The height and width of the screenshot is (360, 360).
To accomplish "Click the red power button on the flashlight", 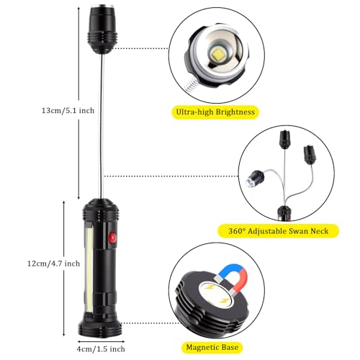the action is pos(112,238).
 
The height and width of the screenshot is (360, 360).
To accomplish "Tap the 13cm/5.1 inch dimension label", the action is pos(68,111).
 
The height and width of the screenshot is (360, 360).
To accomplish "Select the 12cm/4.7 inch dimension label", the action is pos(53,264).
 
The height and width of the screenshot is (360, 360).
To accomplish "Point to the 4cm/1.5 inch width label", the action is pos(101,349).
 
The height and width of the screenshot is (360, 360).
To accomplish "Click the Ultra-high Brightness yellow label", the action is pos(215,112).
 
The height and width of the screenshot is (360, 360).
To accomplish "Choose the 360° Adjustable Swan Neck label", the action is pos(278,231).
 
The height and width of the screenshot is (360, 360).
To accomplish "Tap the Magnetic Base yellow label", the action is pos(212,347).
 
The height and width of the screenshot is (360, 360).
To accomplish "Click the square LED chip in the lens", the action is pos(218,55).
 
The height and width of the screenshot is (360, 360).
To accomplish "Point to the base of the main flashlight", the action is pos(100,327).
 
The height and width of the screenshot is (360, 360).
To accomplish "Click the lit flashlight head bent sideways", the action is pos(255,179).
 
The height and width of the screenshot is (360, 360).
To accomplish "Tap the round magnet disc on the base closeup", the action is pos(216,295).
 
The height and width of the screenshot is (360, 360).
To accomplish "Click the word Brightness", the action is pos(235,112).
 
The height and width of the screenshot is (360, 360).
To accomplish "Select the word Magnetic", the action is pos(202,348).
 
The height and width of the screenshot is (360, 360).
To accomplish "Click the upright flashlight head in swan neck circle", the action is pos(285,138).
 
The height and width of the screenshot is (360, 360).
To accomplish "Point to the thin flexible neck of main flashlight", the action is pos(102,125).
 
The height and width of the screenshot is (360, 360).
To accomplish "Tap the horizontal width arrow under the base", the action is pos(101,341).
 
